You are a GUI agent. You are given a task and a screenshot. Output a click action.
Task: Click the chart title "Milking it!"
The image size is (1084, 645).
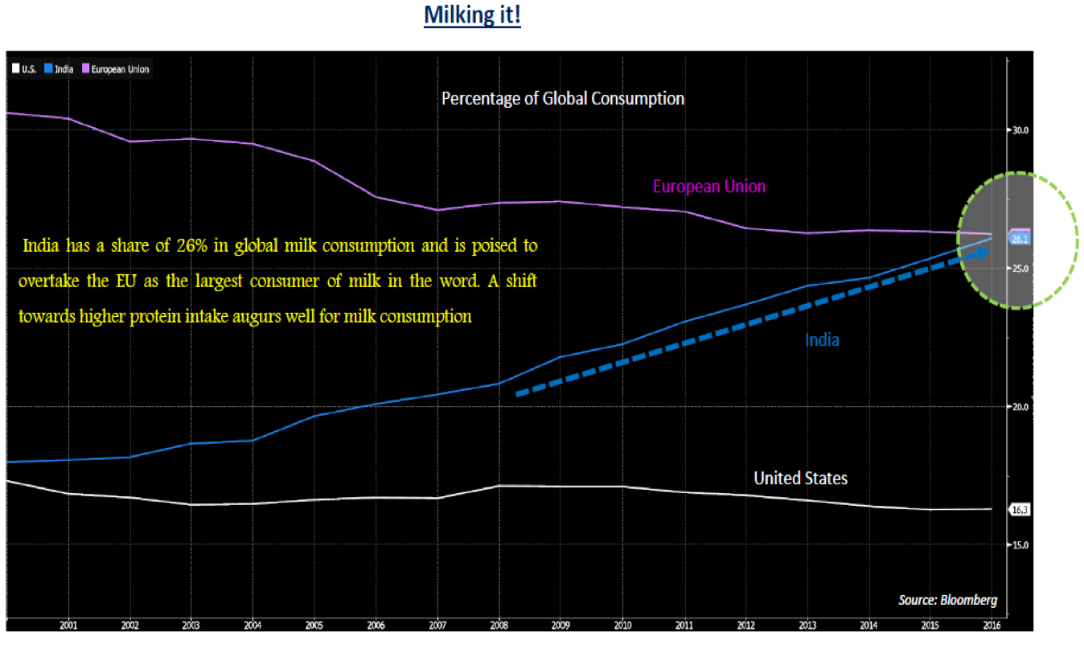(472, 15)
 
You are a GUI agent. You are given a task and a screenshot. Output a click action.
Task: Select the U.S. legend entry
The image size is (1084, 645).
(25, 69)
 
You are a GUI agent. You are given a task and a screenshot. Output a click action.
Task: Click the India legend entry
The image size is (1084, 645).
(60, 69)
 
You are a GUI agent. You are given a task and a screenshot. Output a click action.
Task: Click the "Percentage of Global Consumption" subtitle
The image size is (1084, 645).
(563, 99)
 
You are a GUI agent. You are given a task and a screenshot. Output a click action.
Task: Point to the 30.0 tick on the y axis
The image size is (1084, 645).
(1020, 130)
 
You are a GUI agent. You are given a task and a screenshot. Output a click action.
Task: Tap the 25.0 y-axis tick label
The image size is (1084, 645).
(1020, 269)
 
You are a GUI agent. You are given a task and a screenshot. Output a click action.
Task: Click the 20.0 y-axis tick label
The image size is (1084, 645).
(1020, 407)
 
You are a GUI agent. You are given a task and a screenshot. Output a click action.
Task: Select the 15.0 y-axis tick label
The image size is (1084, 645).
(1020, 545)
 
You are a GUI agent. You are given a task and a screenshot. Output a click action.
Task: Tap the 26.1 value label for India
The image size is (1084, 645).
(1020, 240)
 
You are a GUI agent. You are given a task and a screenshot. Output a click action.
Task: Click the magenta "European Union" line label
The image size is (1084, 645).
(708, 187)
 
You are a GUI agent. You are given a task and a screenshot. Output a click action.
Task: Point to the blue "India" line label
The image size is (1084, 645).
(822, 340)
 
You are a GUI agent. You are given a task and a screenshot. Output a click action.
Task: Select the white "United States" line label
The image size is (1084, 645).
(800, 479)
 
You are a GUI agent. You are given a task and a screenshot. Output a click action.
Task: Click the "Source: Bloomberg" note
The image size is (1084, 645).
(947, 600)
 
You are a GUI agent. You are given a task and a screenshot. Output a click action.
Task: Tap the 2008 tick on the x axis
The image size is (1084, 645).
(499, 624)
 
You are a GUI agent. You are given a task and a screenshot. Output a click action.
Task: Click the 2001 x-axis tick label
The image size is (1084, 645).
(68, 624)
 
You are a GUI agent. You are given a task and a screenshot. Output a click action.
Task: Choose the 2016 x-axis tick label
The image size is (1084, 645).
(992, 624)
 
